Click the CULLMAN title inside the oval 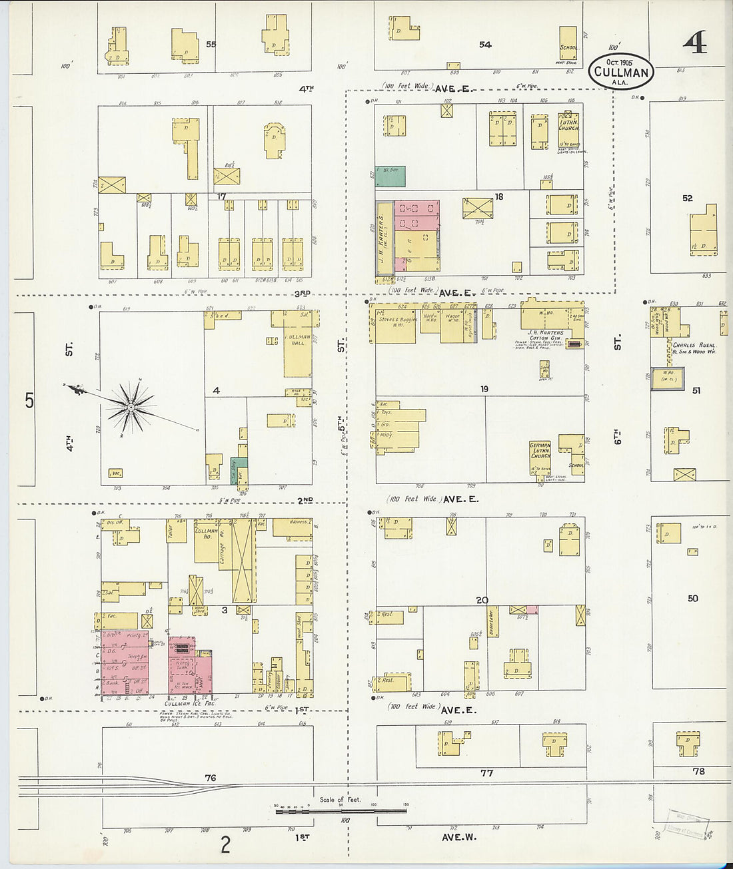[621, 72]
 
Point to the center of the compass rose [131, 406]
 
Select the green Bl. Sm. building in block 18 [390, 176]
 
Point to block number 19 [484, 389]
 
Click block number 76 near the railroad [211, 778]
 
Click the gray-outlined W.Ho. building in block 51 [668, 376]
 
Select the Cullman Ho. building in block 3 [207, 543]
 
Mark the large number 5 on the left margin [29, 401]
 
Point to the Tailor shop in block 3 [177, 531]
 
